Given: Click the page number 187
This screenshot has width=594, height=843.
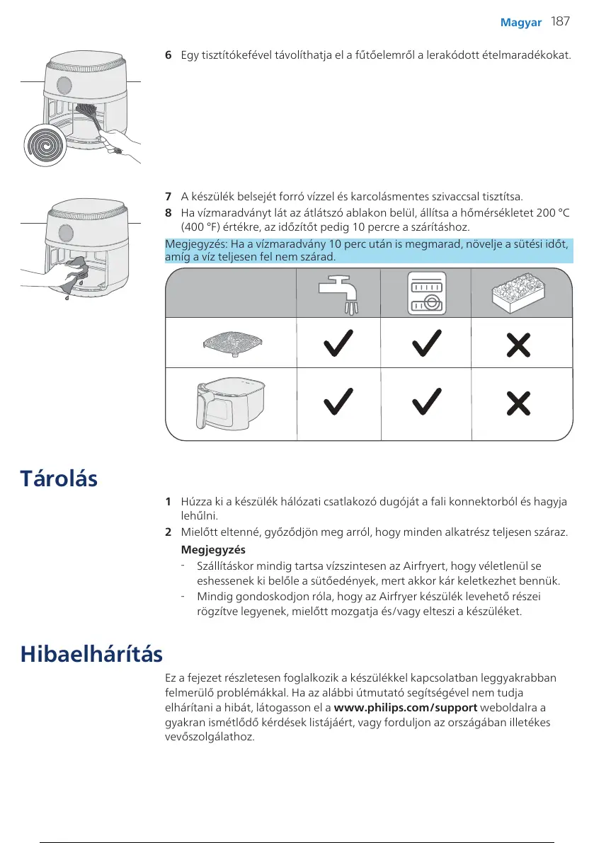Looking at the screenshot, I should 560,22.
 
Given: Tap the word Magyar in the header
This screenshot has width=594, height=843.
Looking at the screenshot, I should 521,23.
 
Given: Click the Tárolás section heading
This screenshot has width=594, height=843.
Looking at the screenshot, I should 59,478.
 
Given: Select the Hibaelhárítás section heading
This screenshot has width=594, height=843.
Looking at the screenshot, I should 91,653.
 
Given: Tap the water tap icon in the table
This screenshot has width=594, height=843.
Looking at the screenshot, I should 338,295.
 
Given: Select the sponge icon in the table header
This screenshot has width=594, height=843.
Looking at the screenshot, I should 520,294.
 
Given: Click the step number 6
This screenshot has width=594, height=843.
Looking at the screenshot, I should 168,55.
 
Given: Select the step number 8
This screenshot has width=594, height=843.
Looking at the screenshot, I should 168,212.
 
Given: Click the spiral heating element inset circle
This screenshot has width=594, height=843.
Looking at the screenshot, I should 45,146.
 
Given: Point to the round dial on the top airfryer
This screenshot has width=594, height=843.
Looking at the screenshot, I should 62,84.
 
